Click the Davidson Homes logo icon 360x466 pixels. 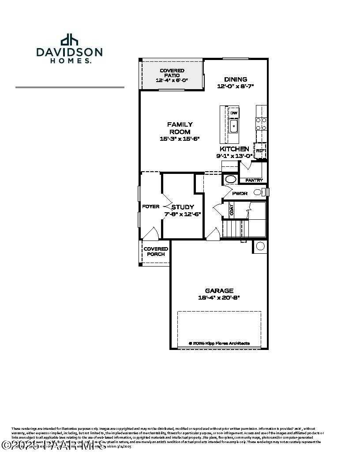[x=69, y=40]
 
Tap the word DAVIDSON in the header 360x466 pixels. [x=69, y=53]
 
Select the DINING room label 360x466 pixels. [x=235, y=79]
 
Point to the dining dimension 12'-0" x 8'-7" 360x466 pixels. [x=235, y=86]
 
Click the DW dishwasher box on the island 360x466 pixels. [x=234, y=113]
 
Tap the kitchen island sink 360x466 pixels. [x=234, y=127]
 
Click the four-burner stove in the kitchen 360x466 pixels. [x=261, y=123]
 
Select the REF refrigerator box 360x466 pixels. [x=260, y=150]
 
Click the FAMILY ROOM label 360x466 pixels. [x=180, y=128]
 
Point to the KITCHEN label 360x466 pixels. [x=234, y=149]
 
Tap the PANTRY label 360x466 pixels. [x=254, y=180]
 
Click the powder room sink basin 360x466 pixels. [x=230, y=179]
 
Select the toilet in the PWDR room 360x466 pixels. [x=259, y=192]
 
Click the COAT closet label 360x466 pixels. [x=232, y=210]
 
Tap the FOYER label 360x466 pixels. [x=150, y=207]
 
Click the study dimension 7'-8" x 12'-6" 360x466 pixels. [x=183, y=214]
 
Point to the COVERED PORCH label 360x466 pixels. [x=156, y=252]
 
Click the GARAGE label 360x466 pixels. [x=219, y=291]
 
